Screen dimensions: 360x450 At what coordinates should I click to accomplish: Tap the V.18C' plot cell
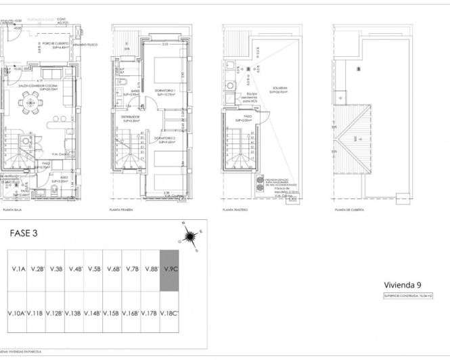tap(169, 313)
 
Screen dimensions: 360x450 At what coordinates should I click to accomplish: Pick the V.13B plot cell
tap(74, 313)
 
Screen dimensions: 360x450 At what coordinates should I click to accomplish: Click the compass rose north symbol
tap(190, 236)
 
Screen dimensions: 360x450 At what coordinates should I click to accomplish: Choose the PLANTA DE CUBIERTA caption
tap(350, 210)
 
